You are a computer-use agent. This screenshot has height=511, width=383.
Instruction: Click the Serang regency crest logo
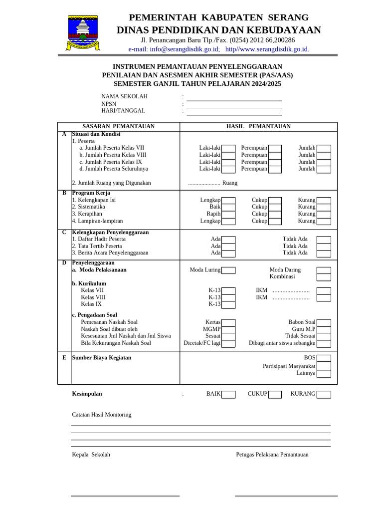pyautogui.click(x=83, y=32)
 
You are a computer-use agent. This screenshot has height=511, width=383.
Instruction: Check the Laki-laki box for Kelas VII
pyautogui.click(x=228, y=148)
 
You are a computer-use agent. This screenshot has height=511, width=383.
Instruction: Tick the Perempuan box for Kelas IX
pyautogui.click(x=275, y=162)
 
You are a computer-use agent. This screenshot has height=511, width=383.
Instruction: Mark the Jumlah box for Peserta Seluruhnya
pyautogui.click(x=324, y=169)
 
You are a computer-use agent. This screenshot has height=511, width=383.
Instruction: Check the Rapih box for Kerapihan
pyautogui.click(x=228, y=214)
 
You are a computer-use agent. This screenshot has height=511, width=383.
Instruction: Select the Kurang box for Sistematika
pyautogui.click(x=324, y=207)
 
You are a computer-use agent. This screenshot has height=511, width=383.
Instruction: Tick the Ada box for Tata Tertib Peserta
pyautogui.click(x=228, y=247)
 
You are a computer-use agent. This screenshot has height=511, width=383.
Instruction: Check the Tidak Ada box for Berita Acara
pyautogui.click(x=324, y=254)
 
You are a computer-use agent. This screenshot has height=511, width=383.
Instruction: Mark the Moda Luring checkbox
pyautogui.click(x=228, y=270)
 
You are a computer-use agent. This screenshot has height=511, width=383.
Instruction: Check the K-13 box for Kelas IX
pyautogui.click(x=228, y=304)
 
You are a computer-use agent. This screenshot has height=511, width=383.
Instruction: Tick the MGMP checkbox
pyautogui.click(x=228, y=329)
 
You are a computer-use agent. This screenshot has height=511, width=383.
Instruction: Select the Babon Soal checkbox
pyautogui.click(x=324, y=322)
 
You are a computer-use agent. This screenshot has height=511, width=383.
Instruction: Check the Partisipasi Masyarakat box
pyautogui.click(x=324, y=366)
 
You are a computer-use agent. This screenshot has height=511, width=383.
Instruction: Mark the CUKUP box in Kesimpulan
pyautogui.click(x=275, y=394)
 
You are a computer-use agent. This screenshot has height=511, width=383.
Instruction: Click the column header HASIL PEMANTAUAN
pyautogui.click(x=258, y=127)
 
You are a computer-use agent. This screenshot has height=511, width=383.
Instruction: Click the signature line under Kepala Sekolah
pyautogui.click(x=125, y=496)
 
